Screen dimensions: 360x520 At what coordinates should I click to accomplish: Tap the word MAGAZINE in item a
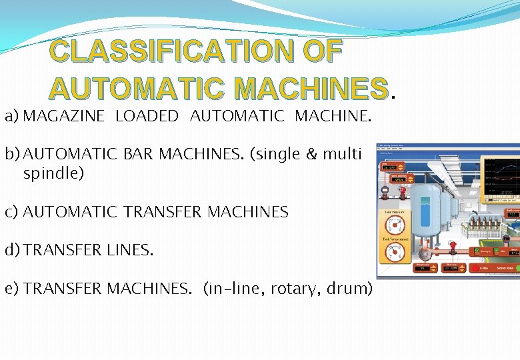[64, 117]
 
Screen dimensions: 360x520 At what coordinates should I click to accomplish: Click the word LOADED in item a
[147, 117]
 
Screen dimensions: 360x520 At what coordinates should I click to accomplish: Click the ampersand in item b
[311, 155]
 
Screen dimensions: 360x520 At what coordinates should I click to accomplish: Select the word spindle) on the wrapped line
[53, 174]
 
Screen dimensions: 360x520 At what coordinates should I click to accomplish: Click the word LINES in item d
[130, 251]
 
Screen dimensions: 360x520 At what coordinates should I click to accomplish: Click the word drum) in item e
[349, 289]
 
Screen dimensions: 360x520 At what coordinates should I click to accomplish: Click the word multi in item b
[341, 155]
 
